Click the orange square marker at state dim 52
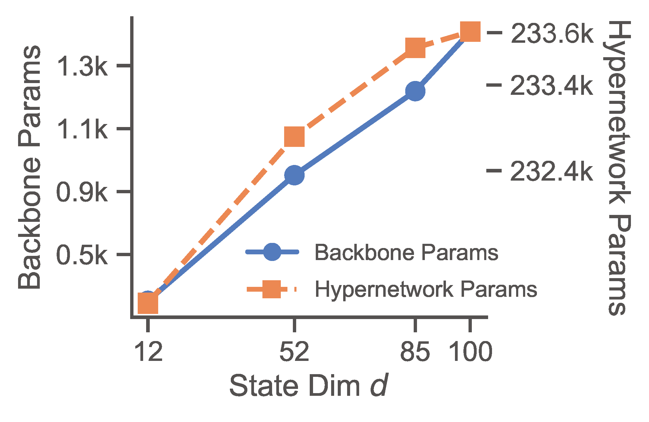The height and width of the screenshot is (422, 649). point(294,136)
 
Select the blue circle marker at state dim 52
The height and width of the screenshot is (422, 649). point(294,175)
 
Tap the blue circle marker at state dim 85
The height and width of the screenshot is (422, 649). point(415,91)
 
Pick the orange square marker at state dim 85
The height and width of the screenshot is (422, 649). point(415,48)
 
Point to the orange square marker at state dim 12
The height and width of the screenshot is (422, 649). point(148,303)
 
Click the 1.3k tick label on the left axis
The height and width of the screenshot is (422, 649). point(82,67)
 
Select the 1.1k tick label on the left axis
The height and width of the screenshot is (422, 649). point(82,130)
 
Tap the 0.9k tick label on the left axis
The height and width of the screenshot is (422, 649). point(82,193)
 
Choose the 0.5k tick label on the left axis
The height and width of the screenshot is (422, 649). point(82,256)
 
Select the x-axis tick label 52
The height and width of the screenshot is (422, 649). point(294,352)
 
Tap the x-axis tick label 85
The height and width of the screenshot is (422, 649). point(415,352)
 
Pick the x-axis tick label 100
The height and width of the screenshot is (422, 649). point(470,352)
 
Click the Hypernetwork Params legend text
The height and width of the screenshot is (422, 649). point(426,290)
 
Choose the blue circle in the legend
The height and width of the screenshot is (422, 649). point(272,252)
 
